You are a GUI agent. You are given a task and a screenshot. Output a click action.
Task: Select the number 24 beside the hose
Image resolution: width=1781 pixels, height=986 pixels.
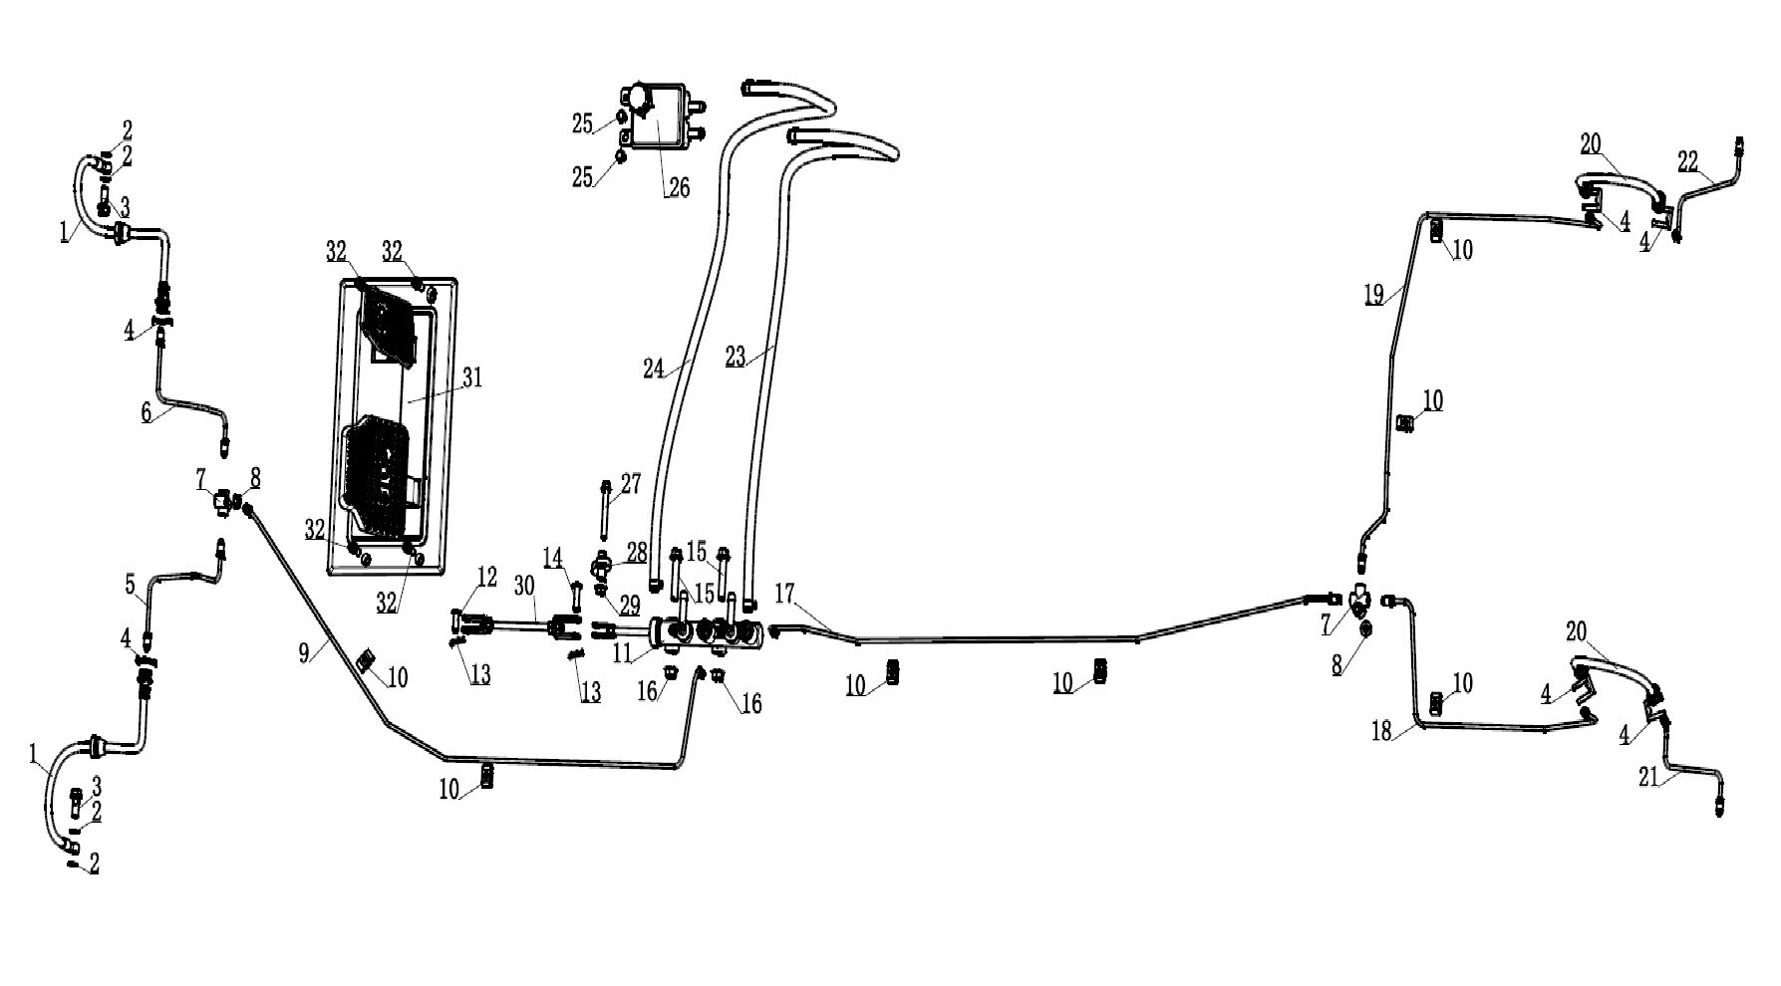[x=654, y=370]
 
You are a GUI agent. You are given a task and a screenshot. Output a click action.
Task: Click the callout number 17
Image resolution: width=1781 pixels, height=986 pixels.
[x=785, y=595]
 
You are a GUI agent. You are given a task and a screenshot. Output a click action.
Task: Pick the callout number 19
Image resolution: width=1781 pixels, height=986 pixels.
[x=1374, y=295]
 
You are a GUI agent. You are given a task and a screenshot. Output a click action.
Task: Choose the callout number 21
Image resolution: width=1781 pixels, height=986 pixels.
[x=1649, y=777]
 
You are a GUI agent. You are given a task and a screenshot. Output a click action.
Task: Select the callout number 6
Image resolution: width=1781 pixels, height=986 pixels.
[x=148, y=412]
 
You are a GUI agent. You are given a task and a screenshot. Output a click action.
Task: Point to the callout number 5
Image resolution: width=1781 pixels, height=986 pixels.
[x=131, y=585]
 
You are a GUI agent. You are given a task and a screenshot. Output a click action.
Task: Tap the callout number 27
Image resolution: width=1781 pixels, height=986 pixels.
[x=631, y=485]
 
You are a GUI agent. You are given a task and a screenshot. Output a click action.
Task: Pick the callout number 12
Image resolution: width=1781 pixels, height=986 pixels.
[x=486, y=577]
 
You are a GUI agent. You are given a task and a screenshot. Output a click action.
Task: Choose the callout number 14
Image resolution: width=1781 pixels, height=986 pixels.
[x=553, y=557]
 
